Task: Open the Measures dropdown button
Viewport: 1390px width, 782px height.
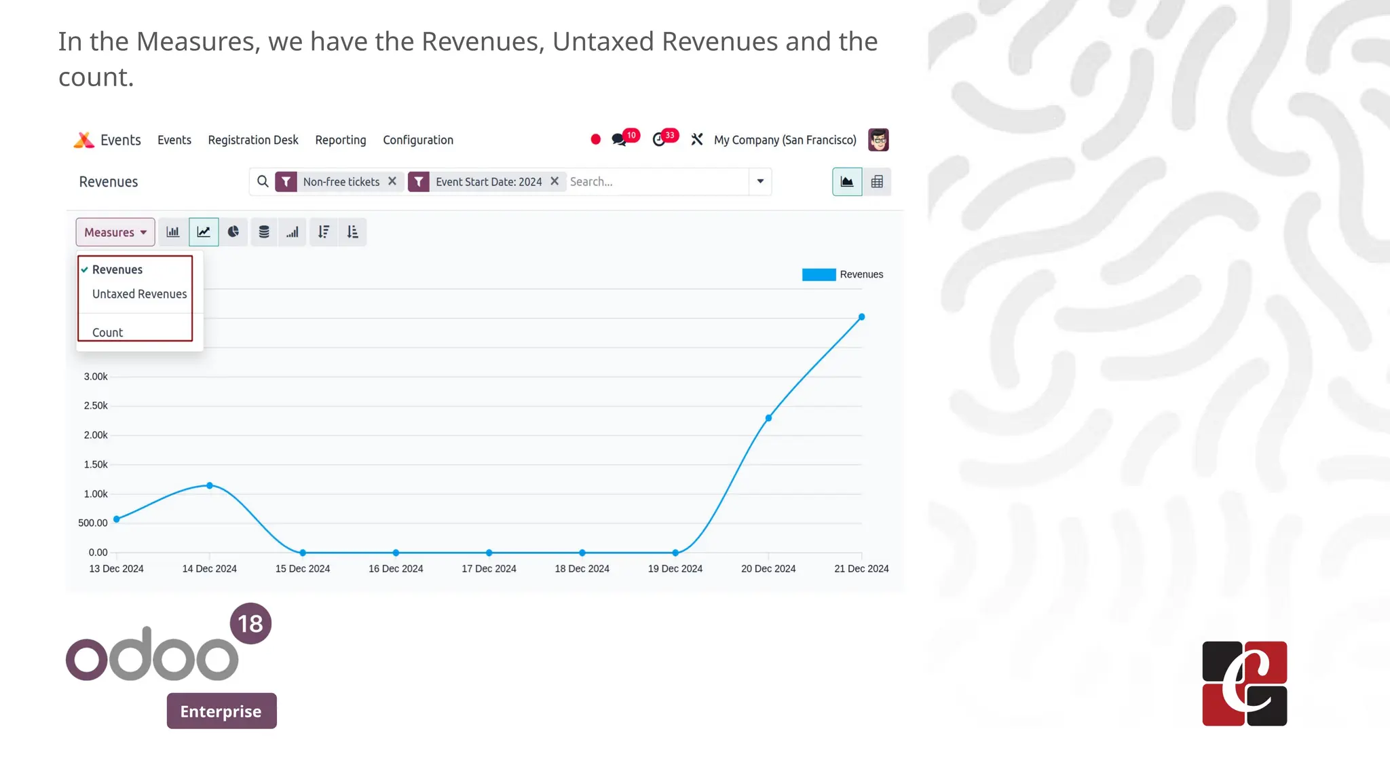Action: (x=115, y=232)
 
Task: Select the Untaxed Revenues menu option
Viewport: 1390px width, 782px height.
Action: (x=139, y=294)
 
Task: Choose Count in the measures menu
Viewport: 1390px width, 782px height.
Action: (x=107, y=333)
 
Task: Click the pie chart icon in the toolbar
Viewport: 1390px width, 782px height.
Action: (x=233, y=232)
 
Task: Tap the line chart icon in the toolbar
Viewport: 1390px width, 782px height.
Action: (x=204, y=232)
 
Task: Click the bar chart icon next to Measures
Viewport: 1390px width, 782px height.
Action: (x=173, y=232)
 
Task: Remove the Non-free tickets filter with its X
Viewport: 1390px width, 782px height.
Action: (x=392, y=181)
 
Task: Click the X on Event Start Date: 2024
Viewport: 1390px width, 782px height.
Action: (x=555, y=181)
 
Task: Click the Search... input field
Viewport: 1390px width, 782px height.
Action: (x=655, y=182)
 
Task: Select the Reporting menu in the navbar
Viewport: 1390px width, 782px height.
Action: (x=340, y=140)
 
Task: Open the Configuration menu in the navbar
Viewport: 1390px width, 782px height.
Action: (x=417, y=140)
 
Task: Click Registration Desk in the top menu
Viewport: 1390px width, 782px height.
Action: (x=252, y=140)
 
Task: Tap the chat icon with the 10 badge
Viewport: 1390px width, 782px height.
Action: (x=619, y=140)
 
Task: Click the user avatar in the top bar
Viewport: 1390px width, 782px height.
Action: (x=878, y=140)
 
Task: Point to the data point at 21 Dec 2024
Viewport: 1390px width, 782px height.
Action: (x=861, y=317)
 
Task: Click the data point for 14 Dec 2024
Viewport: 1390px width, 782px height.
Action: (x=210, y=485)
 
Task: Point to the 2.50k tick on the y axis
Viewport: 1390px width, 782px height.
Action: (x=96, y=406)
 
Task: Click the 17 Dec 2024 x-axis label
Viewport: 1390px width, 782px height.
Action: (x=489, y=569)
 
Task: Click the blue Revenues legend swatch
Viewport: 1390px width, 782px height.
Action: (x=819, y=274)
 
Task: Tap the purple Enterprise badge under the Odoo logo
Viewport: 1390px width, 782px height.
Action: (x=221, y=711)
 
